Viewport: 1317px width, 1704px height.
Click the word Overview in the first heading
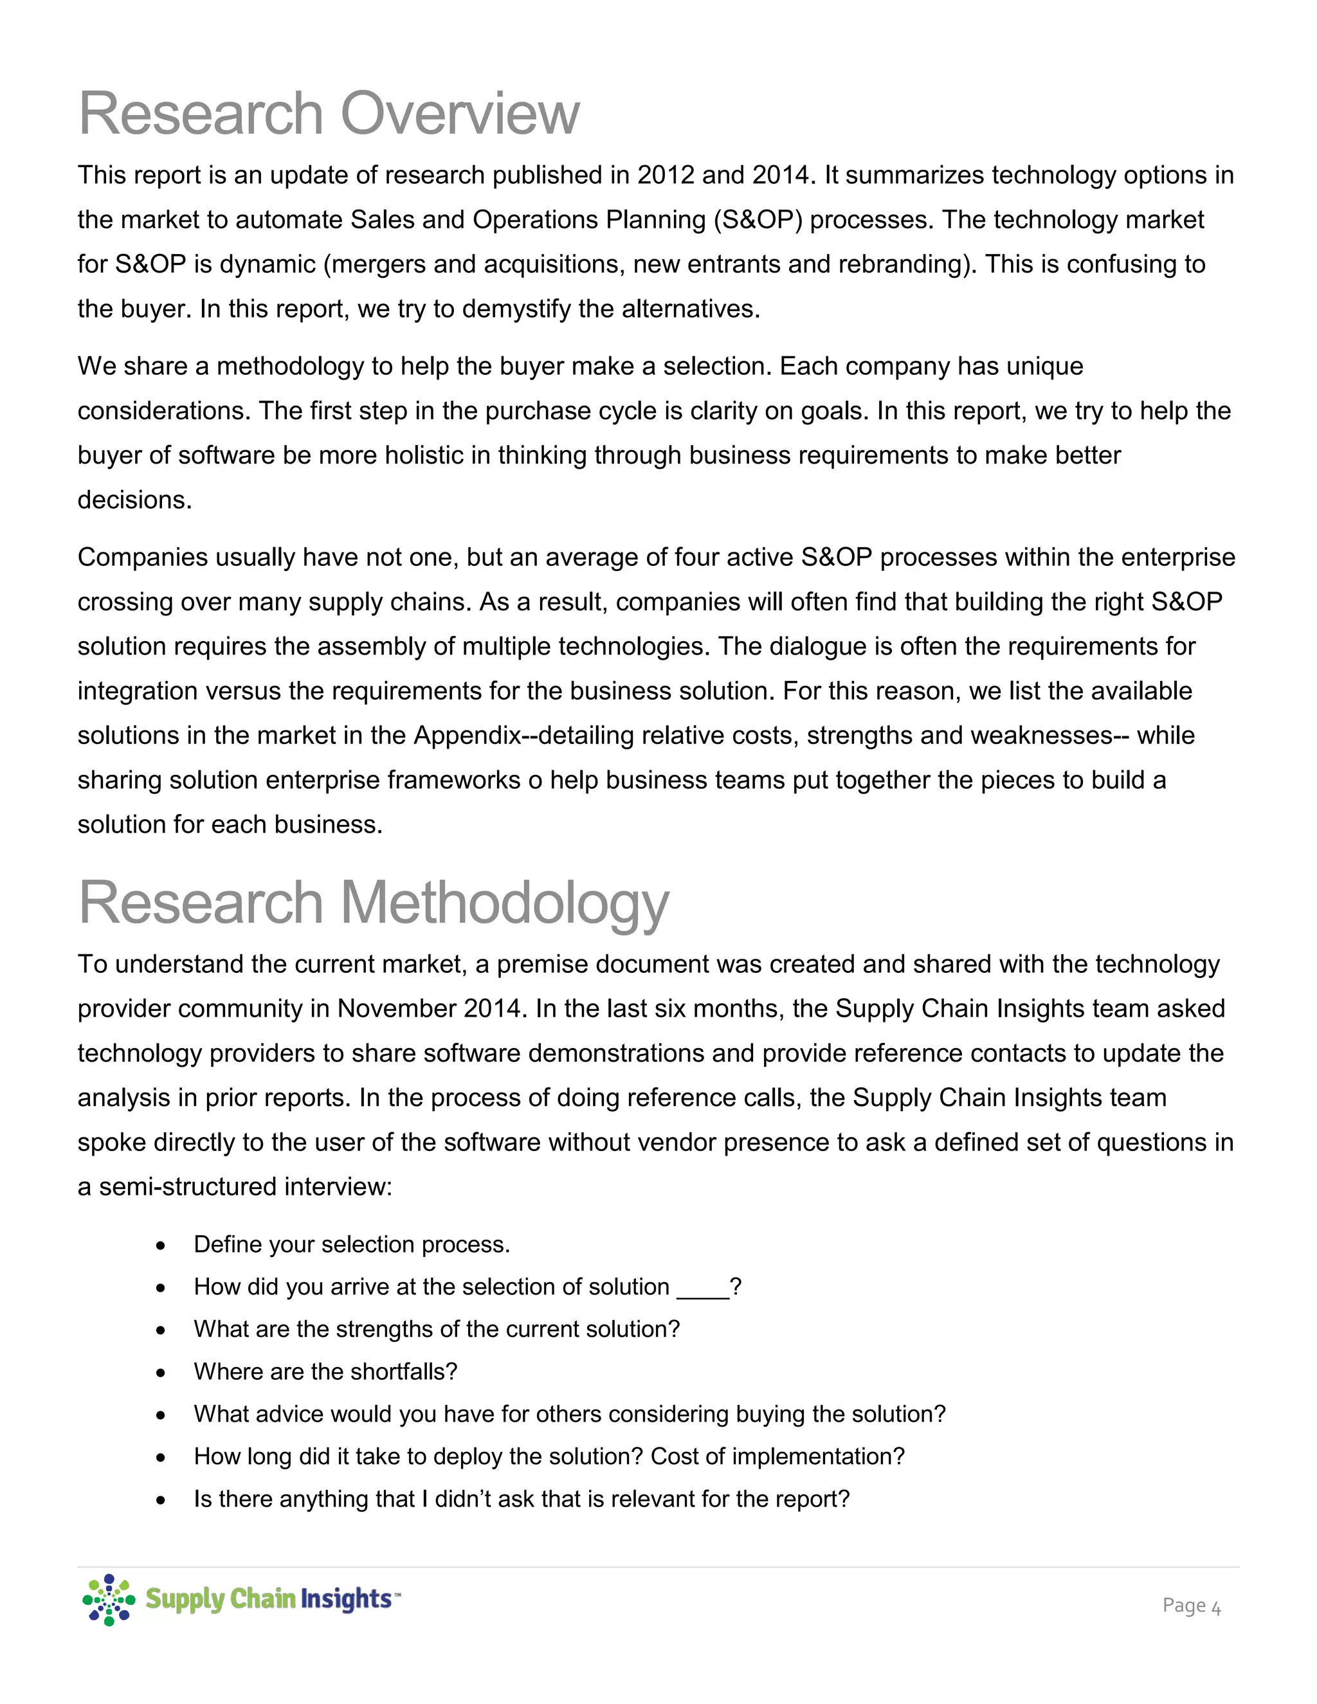point(460,114)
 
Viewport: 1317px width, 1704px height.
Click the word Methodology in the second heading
point(504,903)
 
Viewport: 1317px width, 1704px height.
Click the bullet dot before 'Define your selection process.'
point(161,1246)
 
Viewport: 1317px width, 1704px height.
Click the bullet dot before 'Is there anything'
point(161,1500)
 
